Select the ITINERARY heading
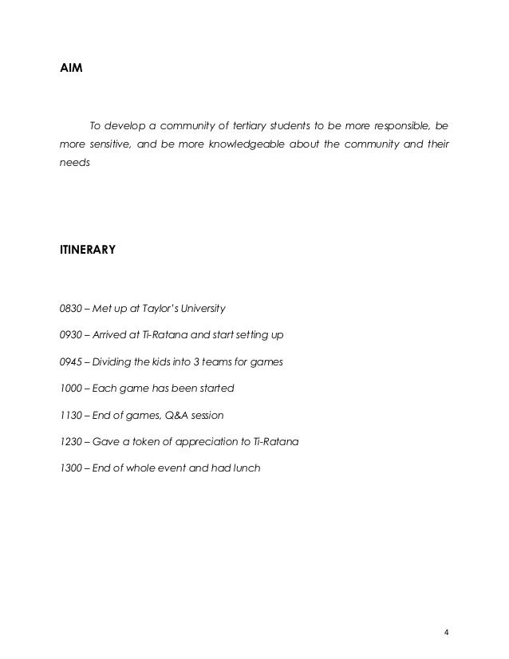(x=88, y=250)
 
